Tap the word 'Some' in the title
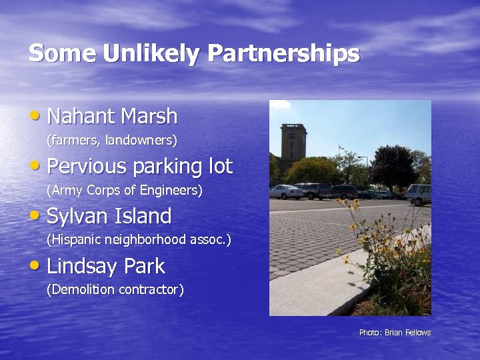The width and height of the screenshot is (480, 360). (x=62, y=53)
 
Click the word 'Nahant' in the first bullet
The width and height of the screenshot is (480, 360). (x=81, y=117)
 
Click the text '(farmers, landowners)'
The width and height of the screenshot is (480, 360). (x=111, y=141)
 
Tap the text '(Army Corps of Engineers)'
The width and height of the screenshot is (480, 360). (x=124, y=191)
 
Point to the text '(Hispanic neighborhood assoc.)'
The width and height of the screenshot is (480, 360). (x=139, y=240)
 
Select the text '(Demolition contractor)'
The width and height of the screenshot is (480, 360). (x=115, y=290)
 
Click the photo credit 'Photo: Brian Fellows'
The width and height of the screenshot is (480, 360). (x=395, y=332)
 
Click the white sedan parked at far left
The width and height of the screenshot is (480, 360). (x=285, y=192)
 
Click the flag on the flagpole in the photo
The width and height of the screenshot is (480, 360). (x=341, y=147)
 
